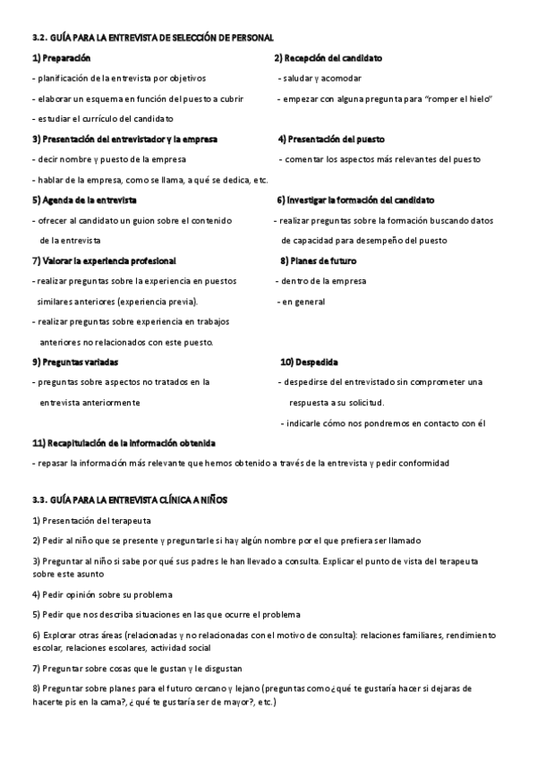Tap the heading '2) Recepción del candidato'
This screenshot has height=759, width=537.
pyautogui.click(x=328, y=57)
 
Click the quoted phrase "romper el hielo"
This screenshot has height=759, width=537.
pyautogui.click(x=462, y=98)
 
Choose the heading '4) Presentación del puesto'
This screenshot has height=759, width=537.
pyautogui.click(x=337, y=139)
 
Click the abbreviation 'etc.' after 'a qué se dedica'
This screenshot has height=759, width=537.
pyautogui.click(x=261, y=180)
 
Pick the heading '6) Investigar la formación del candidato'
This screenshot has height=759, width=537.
pyautogui.click(x=360, y=200)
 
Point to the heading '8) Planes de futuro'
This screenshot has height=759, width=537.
pyautogui.click(x=318, y=260)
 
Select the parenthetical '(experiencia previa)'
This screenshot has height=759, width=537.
pyautogui.click(x=158, y=302)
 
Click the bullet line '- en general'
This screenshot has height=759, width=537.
pyautogui.click(x=301, y=302)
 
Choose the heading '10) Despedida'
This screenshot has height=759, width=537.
pyautogui.click(x=309, y=362)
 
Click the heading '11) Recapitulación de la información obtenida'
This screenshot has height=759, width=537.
pyautogui.click(x=124, y=443)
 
